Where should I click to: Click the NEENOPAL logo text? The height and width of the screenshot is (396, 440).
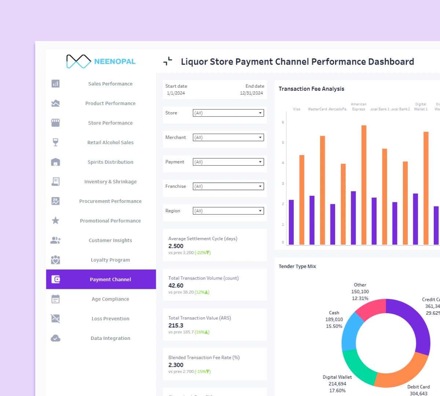pyautogui.click(x=114, y=62)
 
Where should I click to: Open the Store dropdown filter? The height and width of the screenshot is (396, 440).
pyautogui.click(x=228, y=113)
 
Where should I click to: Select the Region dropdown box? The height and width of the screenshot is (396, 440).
pyautogui.click(x=228, y=211)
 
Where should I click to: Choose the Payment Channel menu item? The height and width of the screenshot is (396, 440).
pyautogui.click(x=110, y=279)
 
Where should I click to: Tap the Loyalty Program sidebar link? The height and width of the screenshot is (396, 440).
pyautogui.click(x=110, y=260)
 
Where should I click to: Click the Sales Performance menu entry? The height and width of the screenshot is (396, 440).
pyautogui.click(x=110, y=84)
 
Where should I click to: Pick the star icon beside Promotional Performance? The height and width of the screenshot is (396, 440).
pyautogui.click(x=55, y=220)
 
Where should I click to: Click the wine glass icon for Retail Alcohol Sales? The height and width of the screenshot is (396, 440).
pyautogui.click(x=55, y=142)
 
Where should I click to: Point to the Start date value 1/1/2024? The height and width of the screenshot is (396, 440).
pyautogui.click(x=176, y=93)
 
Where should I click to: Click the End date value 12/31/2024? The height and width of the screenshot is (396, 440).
pyautogui.click(x=251, y=93)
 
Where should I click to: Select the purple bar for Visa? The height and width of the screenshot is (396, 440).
pyautogui.click(x=291, y=222)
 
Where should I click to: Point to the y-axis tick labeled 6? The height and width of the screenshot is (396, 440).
pyautogui.click(x=283, y=122)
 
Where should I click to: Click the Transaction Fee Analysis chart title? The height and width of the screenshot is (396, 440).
pyautogui.click(x=311, y=89)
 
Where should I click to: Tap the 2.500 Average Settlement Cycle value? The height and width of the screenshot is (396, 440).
pyautogui.click(x=176, y=246)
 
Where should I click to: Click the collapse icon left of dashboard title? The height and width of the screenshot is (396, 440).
pyautogui.click(x=168, y=61)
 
